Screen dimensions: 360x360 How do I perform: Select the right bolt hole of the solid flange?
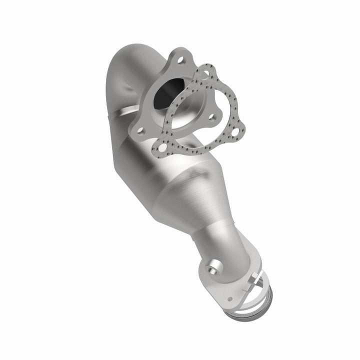pos(213,118)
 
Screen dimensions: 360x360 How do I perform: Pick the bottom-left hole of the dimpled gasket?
pos(162,145)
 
